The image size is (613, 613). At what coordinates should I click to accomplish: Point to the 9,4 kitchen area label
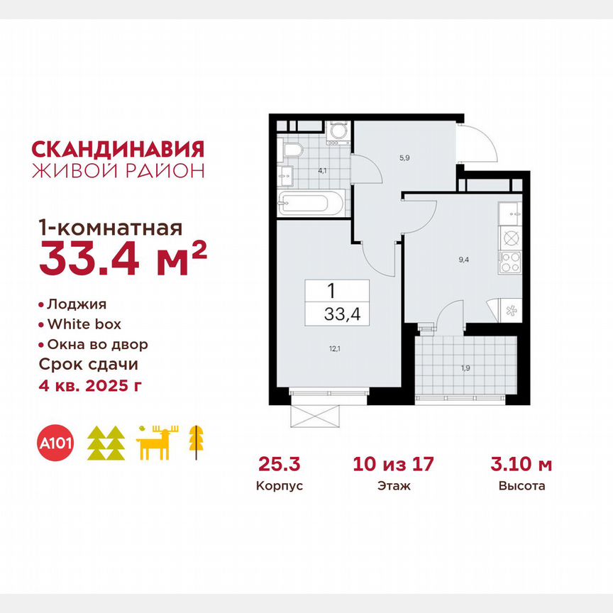click(464, 260)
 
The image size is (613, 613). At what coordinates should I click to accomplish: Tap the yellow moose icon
click(158, 443)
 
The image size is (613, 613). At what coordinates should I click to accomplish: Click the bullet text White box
click(84, 325)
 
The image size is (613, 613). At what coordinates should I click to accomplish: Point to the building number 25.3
click(280, 465)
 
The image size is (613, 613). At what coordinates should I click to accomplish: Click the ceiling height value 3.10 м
click(521, 465)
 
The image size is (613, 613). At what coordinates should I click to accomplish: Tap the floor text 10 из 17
click(393, 465)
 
